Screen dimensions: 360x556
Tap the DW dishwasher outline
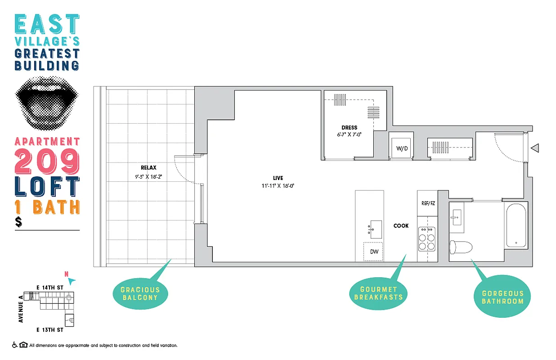pyautogui.click(x=374, y=252)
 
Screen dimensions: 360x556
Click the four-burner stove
pyautogui.click(x=427, y=238)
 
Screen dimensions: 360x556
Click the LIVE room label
pyautogui.click(x=278, y=178)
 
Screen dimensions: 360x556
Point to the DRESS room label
pyautogui.click(x=349, y=127)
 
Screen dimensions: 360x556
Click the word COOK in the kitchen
pyautogui.click(x=401, y=225)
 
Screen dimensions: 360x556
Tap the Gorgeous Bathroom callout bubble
pyautogui.click(x=502, y=297)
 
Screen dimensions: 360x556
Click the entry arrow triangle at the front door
pyautogui.click(x=535, y=148)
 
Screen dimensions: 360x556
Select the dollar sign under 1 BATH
pyautogui.click(x=18, y=222)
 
